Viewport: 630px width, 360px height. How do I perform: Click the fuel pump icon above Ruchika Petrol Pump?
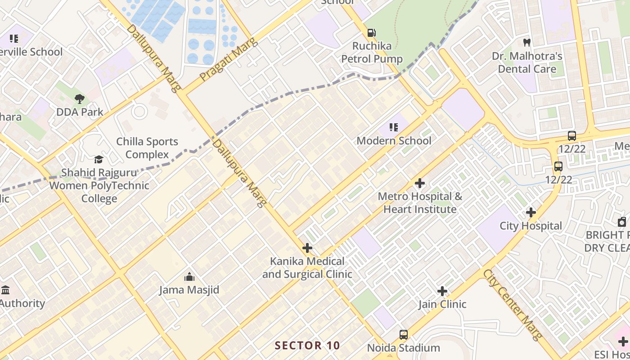[372, 33]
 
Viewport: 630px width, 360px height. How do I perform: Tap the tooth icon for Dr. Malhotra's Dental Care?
[527, 43]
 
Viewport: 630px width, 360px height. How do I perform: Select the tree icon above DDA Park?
[80, 99]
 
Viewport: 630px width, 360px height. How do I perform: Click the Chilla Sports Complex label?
[147, 148]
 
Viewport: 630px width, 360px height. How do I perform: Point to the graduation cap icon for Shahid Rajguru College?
[99, 159]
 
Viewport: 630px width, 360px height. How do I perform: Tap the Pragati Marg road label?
[228, 60]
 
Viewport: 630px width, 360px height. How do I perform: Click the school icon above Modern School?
[394, 127]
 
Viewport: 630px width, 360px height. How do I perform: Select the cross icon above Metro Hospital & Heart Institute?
[420, 183]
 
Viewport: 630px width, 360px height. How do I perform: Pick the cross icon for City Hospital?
[531, 212]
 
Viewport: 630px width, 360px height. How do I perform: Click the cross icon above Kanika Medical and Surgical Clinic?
[307, 248]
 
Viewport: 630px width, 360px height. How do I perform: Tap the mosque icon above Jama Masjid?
[189, 276]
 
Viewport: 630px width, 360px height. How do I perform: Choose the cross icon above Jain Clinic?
[442, 291]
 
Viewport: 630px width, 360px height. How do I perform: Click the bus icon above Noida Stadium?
[404, 335]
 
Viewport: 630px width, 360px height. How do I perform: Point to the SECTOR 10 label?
[307, 346]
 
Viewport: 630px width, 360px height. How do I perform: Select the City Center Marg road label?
[513, 305]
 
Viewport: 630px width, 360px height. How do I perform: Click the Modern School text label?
[394, 141]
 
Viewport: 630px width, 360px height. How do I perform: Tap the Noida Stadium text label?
[404, 348]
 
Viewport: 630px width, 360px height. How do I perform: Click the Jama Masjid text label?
[189, 290]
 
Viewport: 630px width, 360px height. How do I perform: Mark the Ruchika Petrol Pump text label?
[372, 52]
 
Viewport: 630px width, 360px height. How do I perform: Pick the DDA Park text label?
[80, 112]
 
